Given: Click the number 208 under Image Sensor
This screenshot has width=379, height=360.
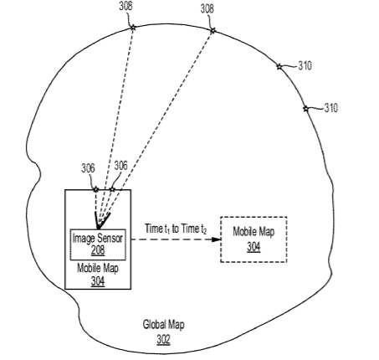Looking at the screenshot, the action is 98,250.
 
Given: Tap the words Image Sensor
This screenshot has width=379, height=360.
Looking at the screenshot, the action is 98,239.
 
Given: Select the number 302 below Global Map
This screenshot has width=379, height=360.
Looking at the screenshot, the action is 163,339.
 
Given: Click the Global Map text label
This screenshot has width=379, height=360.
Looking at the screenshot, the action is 163,325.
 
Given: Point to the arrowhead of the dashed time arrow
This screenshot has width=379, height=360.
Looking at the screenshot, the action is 217,239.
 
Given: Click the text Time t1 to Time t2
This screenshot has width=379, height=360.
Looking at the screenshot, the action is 176,229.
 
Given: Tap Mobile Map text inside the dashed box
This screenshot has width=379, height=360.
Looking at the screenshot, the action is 254,232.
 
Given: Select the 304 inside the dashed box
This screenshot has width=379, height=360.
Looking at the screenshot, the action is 254,247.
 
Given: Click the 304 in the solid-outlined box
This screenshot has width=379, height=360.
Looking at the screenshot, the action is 98,281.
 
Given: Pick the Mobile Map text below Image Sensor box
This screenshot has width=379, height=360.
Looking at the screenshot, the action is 98,268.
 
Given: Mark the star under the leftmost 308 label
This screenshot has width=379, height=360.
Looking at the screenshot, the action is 133,28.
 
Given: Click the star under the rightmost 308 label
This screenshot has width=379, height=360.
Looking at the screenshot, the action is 213,30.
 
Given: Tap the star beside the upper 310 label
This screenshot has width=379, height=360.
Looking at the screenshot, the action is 279,67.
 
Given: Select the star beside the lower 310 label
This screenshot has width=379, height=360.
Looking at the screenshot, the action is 306,109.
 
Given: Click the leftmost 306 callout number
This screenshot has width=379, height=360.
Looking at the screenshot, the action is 88,168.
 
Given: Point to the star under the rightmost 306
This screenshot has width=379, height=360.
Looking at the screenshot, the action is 112,189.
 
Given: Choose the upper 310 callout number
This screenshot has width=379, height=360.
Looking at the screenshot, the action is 305,66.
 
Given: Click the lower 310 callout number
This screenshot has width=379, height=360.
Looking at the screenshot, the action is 331,108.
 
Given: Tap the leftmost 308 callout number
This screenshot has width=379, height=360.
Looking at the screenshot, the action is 125,6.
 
